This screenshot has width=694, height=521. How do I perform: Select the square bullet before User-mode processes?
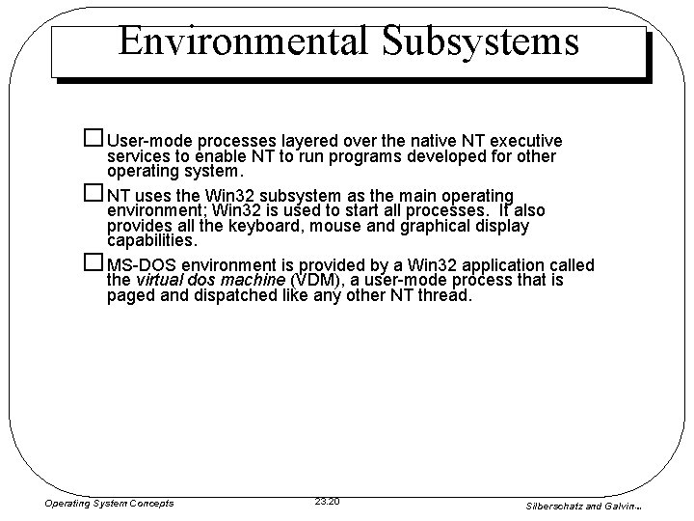click(93, 139)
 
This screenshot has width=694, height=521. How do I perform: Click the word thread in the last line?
click(447, 295)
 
